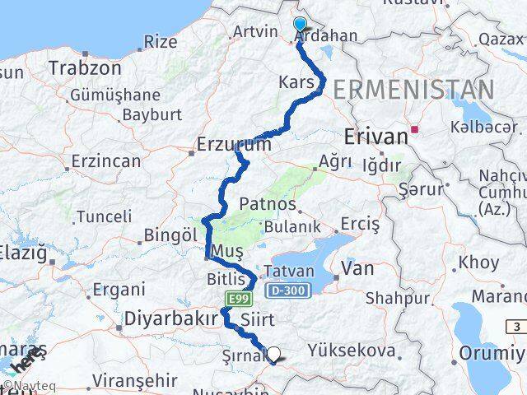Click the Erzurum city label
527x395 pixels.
click(234, 145)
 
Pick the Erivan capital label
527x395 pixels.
click(376, 137)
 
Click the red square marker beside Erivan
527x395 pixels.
click(417, 129)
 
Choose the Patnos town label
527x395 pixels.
click(268, 203)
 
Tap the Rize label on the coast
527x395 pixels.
click(161, 41)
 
